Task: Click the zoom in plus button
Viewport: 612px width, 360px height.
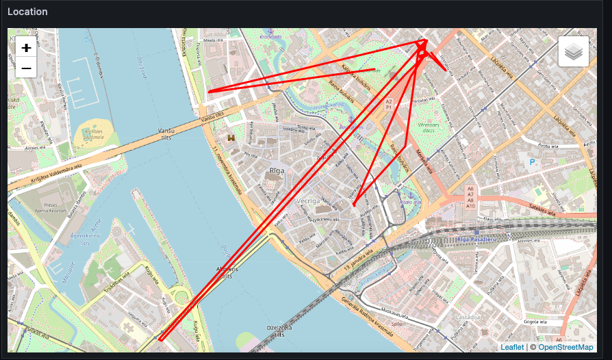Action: point(26,48)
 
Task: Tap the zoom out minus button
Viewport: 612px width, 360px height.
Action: point(26,68)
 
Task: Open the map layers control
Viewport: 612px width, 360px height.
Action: point(574,51)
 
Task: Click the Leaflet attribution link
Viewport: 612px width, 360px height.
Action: point(511,347)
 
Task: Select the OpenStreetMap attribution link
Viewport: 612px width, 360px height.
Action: point(565,347)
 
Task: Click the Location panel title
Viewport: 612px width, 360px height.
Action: point(28,12)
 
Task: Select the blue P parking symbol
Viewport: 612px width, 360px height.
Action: point(532,162)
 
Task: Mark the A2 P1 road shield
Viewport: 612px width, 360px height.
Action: point(388,104)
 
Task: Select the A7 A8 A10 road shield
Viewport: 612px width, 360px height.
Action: point(470,197)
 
